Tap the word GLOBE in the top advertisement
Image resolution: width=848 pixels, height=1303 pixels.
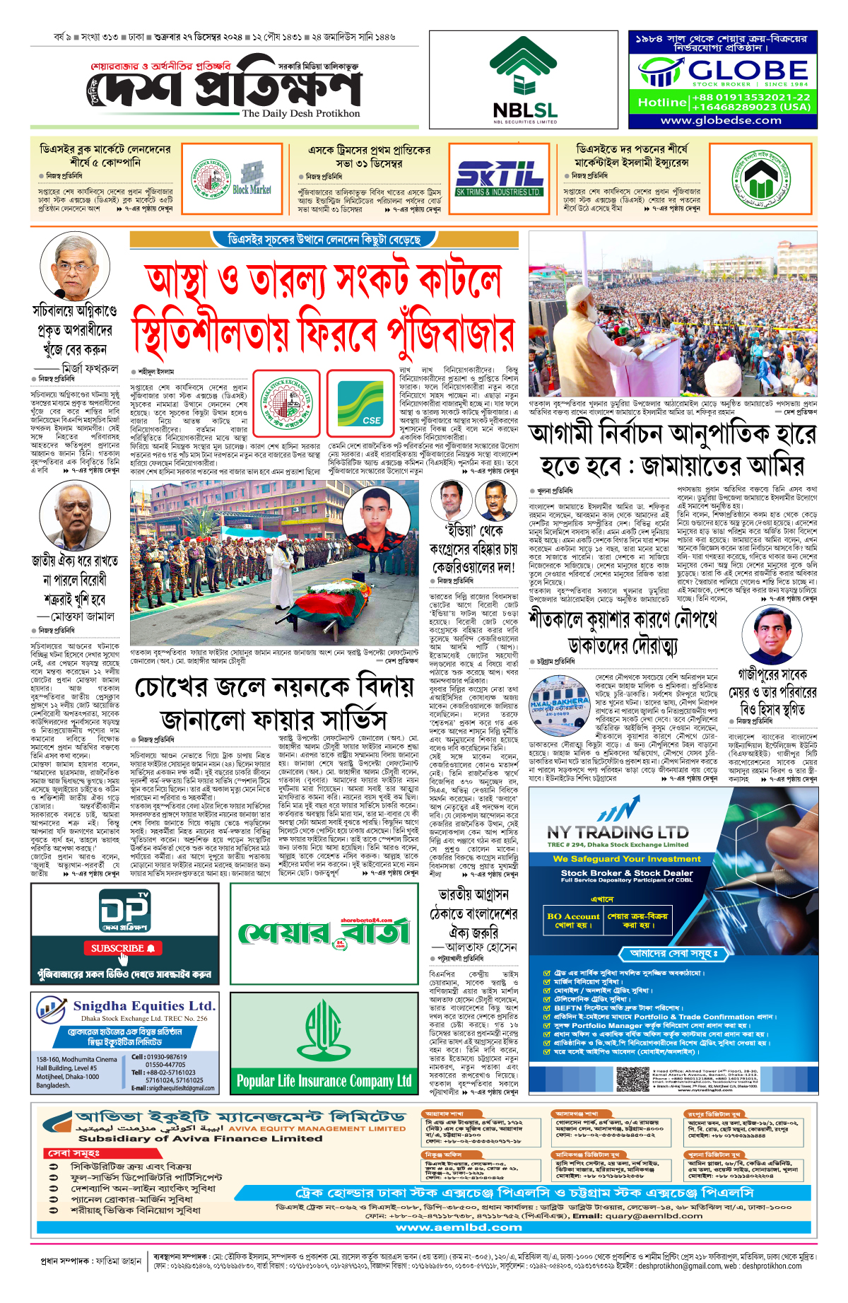pos(748,70)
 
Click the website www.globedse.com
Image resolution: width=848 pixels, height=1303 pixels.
pos(721,120)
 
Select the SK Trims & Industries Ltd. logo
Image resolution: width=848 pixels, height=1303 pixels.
pos(498,178)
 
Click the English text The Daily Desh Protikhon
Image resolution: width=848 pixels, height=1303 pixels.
pos(301,113)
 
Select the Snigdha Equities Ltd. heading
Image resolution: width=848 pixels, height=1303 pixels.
pos(144,1005)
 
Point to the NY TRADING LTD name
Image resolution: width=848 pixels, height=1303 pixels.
pos(618,832)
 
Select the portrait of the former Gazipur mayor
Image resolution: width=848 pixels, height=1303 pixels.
pos(772,636)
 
